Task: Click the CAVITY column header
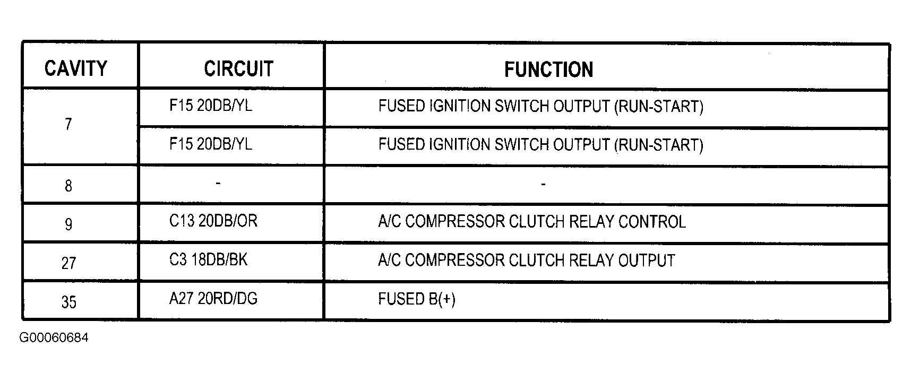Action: (76, 68)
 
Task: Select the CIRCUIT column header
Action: (238, 68)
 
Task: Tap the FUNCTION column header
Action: (548, 70)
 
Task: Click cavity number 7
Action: (68, 125)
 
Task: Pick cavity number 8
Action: (68, 186)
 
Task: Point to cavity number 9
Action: (68, 224)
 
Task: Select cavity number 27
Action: (68, 263)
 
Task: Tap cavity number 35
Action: (68, 302)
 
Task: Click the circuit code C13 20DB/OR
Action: (213, 221)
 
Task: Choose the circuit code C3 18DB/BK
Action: (208, 259)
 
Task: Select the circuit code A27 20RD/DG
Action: (213, 299)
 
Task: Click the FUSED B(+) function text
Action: (417, 299)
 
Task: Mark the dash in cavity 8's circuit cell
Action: (218, 184)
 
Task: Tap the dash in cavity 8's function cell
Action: (543, 185)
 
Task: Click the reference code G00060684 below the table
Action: (54, 338)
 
